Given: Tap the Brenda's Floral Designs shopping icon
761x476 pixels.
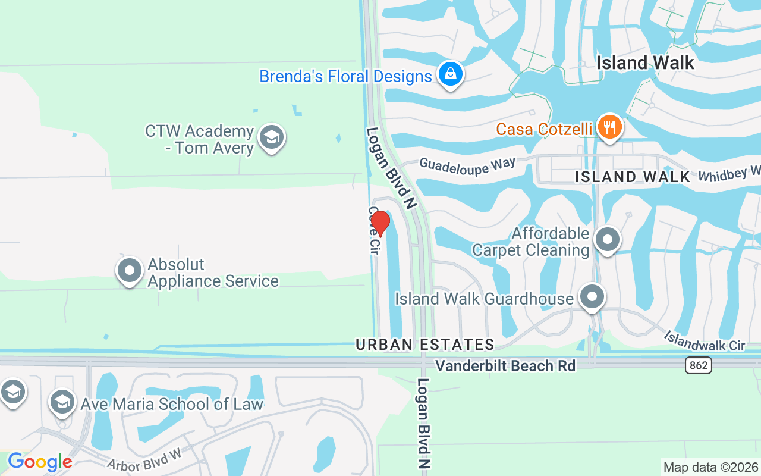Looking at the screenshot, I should (451, 74).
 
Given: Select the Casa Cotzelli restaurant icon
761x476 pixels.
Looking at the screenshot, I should (609, 127).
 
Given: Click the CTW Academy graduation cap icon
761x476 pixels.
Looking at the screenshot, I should (272, 137).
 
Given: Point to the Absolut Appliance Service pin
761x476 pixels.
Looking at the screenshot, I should (130, 271).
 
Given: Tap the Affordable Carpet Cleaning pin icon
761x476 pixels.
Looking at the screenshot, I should (607, 240).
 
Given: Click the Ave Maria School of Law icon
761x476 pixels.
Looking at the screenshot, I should (62, 402).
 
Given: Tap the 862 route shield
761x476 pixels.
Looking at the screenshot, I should (698, 365).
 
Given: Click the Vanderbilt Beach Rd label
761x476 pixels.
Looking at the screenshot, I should (505, 365).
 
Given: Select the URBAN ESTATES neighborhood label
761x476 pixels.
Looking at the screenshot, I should (424, 345).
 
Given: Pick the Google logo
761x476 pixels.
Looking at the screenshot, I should (40, 462).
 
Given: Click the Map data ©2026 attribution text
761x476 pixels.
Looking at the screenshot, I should (710, 467).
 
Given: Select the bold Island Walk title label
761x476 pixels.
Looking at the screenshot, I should (645, 62).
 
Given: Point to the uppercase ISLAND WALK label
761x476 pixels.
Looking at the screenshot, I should (633, 177).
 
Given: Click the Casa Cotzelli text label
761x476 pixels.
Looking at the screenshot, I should (544, 129).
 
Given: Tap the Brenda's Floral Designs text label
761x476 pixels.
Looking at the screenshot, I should (345, 77).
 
